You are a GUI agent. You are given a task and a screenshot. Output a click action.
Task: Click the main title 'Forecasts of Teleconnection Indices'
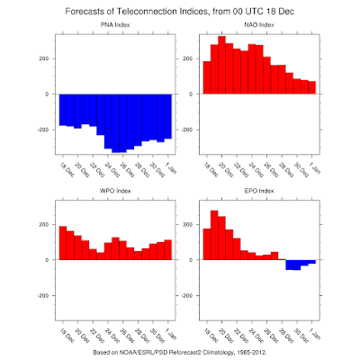[x=136, y=12]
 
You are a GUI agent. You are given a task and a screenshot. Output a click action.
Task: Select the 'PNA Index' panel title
[x=115, y=25]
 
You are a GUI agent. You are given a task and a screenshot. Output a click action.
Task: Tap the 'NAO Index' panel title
[x=259, y=25]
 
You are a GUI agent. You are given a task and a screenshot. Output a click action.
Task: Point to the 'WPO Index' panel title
[x=115, y=191]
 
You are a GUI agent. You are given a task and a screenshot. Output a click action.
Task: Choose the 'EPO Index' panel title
[x=259, y=191]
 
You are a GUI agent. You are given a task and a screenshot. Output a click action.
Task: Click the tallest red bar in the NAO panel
[x=222, y=65]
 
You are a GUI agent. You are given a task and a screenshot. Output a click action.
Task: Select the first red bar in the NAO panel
[x=207, y=77]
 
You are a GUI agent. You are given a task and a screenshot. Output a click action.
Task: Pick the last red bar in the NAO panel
[x=312, y=87]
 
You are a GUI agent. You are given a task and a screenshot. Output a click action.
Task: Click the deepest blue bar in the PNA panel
[x=115, y=123]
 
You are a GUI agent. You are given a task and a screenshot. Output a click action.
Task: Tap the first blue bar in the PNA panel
[x=63, y=110]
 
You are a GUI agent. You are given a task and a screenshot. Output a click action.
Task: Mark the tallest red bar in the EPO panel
[x=214, y=235]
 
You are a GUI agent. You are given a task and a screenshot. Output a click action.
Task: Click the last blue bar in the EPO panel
[x=312, y=262]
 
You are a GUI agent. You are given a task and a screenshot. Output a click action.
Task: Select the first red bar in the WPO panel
[x=63, y=243]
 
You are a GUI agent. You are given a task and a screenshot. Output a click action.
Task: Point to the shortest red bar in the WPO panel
[x=101, y=256]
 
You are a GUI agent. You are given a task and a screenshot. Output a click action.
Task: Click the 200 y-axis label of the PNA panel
[x=44, y=58]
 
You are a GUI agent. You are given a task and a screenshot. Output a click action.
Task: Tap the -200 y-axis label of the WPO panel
[x=43, y=295]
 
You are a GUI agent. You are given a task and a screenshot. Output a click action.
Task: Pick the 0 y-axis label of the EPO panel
[x=191, y=260]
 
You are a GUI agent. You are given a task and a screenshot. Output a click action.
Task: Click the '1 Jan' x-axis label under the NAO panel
[x=315, y=167]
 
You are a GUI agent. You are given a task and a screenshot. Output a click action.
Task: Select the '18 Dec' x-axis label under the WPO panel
[x=67, y=335]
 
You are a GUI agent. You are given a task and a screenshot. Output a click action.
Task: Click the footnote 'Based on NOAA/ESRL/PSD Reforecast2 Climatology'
[x=164, y=352]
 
